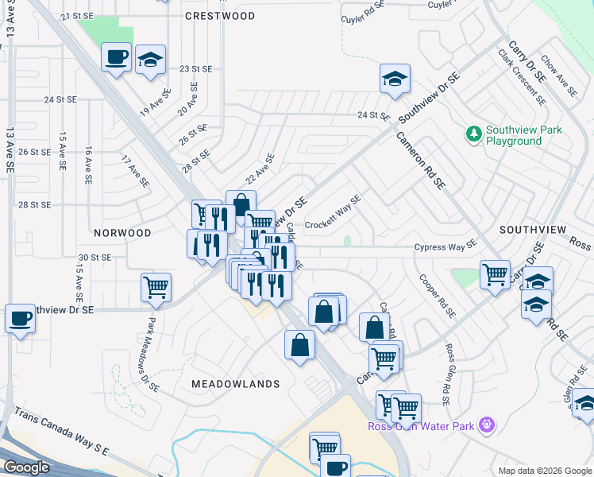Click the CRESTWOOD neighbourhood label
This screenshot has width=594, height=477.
[x=220, y=16]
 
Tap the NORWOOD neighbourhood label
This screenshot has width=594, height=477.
[x=122, y=233]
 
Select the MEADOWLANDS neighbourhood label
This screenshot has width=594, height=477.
[x=236, y=384]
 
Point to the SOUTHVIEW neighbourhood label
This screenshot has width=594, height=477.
[x=533, y=229]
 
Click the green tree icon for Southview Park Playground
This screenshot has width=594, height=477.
[x=474, y=134]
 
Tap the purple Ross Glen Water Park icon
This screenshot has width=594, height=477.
[x=488, y=425]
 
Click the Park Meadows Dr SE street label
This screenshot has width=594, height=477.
[x=153, y=355]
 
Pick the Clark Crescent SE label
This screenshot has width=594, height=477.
[x=522, y=77]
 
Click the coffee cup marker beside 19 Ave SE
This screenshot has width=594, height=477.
[x=117, y=57]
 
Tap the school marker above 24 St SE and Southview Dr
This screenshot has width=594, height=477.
[x=395, y=78]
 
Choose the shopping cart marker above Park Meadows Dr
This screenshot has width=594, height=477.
[x=156, y=286]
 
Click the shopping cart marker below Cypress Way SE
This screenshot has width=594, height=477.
[x=496, y=274]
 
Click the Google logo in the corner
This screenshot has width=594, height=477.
[x=26, y=467]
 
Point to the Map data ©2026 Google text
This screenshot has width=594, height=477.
[x=544, y=471]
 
